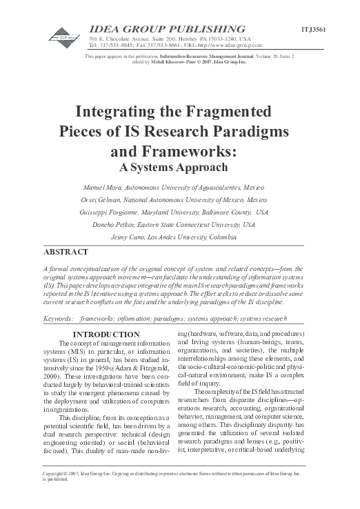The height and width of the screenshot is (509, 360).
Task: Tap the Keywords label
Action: tap(58, 301)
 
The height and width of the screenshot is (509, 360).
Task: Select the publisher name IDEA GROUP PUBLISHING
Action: tap(168, 28)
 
